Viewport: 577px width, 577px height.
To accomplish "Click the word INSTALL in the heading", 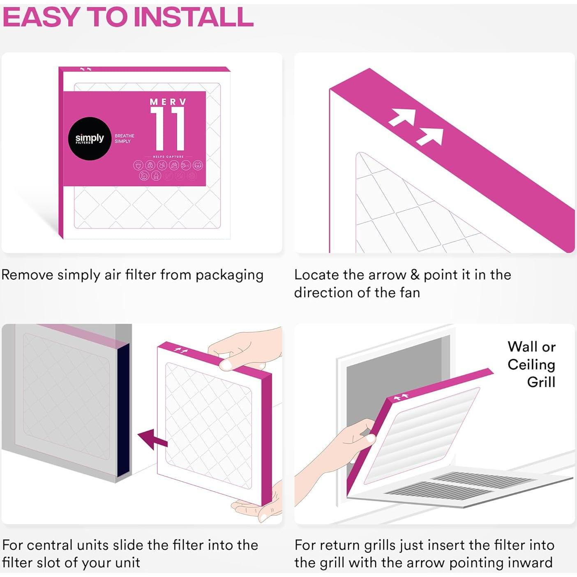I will [x=193, y=17].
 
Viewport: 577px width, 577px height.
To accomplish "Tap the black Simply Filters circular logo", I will [x=90, y=138].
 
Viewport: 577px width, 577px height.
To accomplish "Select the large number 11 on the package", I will [x=168, y=129].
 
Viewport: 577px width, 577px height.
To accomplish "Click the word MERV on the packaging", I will [x=168, y=102].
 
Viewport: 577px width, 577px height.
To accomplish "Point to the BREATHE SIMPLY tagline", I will [x=125, y=138].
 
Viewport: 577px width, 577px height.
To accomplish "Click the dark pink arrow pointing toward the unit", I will [x=152, y=439].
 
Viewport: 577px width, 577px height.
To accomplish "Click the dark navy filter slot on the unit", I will [x=124, y=411].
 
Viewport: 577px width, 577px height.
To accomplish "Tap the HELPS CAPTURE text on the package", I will [x=168, y=157].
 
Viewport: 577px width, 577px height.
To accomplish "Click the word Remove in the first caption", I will [x=28, y=275].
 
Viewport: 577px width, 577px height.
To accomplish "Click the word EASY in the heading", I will [x=41, y=17].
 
